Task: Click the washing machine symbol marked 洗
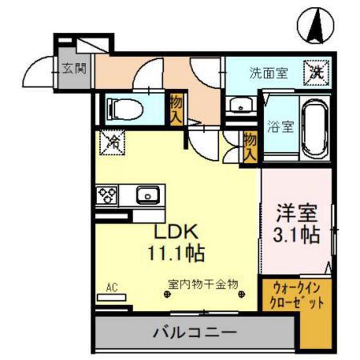(x=317, y=71)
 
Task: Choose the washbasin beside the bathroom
(x=242, y=107)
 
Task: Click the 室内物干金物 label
(x=204, y=282)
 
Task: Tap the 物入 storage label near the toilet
(x=175, y=109)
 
